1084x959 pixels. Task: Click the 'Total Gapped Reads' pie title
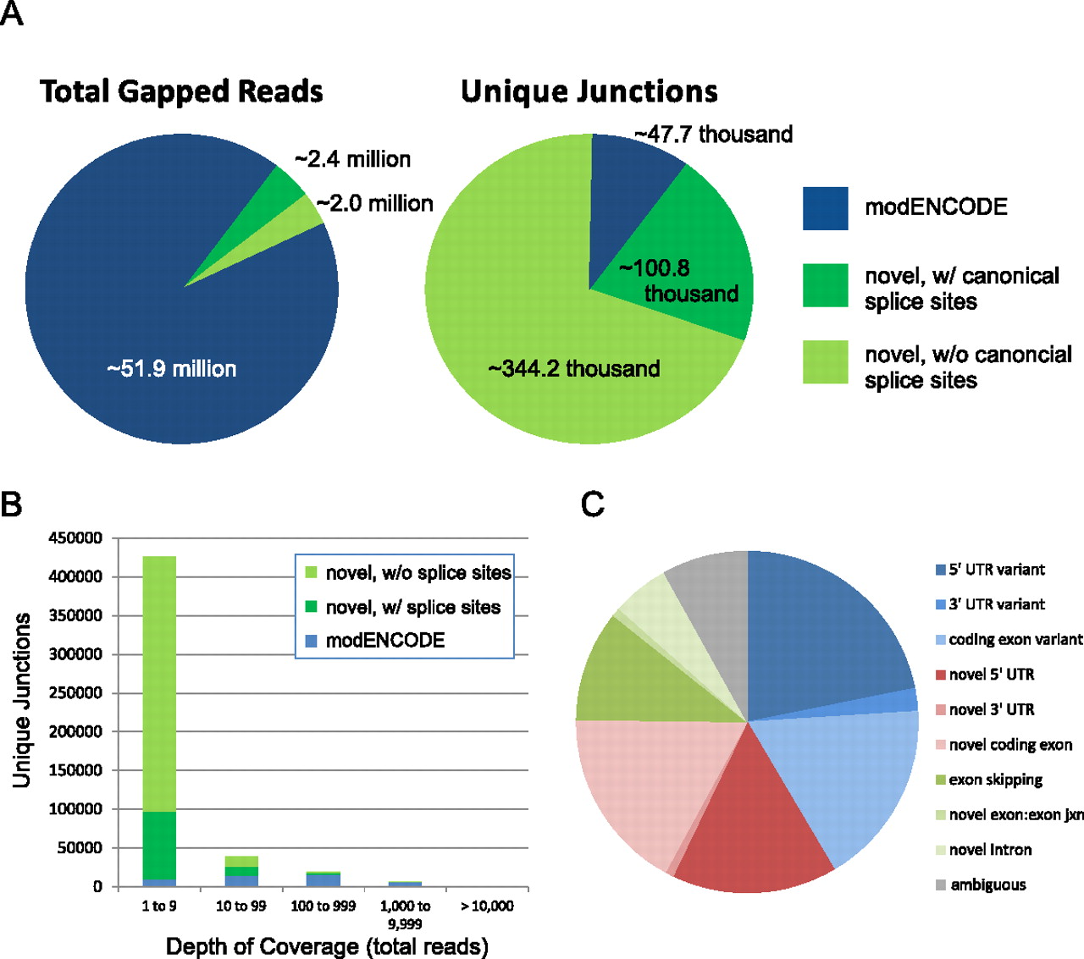coord(181,91)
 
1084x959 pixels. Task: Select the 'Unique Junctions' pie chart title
coord(589,91)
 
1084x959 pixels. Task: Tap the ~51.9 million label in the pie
coord(172,369)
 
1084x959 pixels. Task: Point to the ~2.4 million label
coord(352,159)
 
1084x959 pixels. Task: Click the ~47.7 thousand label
coord(713,135)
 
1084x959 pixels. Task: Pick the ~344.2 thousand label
coord(573,369)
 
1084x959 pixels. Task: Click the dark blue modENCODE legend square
coord(825,208)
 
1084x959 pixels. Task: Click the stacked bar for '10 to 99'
coord(241,872)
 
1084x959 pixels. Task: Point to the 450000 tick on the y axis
coord(75,538)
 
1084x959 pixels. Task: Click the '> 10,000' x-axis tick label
coord(487,907)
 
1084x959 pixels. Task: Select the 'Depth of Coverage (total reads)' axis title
coord(327,946)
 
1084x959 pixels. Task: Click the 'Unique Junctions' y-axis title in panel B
coord(22,700)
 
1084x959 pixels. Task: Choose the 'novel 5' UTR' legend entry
coord(991,675)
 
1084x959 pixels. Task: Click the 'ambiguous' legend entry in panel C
coord(987,885)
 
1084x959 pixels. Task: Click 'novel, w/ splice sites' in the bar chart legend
coord(412,608)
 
